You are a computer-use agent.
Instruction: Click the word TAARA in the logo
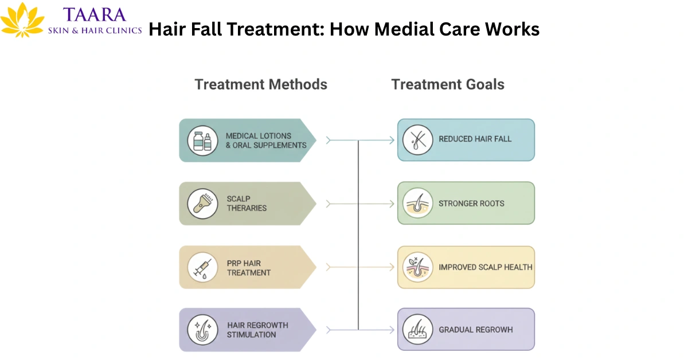click(95, 14)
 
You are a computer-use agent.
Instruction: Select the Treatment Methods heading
click(261, 84)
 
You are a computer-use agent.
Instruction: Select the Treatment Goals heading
click(448, 84)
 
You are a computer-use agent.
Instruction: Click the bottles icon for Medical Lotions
click(202, 140)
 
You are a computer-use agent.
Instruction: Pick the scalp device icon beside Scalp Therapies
click(202, 204)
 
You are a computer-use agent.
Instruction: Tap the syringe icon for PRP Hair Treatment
click(202, 267)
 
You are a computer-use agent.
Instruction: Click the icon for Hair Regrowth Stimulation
click(202, 330)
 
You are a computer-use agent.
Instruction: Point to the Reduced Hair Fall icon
click(417, 140)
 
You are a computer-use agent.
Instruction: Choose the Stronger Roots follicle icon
click(417, 204)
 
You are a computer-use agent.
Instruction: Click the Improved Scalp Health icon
click(417, 267)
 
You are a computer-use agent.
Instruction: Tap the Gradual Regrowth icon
click(417, 330)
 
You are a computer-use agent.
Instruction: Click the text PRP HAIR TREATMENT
click(249, 268)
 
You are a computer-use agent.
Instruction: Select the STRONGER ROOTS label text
click(471, 204)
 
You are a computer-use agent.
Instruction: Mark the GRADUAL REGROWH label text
click(475, 330)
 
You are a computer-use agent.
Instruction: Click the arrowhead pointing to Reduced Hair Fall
click(392, 140)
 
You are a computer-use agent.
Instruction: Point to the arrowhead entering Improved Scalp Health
click(392, 267)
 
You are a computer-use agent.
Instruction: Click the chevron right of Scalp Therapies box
click(329, 204)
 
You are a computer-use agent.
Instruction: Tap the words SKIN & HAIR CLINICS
click(95, 30)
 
